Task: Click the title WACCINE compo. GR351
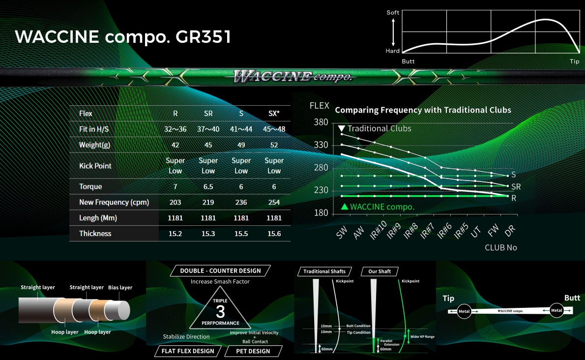point(123,37)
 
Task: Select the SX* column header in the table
point(274,114)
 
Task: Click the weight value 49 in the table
point(241,145)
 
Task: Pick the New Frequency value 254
point(274,202)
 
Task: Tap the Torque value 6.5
point(208,186)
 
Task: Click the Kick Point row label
point(95,166)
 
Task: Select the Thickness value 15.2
point(175,234)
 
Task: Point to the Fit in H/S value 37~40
point(208,129)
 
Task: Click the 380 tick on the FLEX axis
point(321,122)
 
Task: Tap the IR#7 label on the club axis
point(427,231)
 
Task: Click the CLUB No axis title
point(500,247)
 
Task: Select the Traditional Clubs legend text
point(380,128)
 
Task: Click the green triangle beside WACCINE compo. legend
point(345,206)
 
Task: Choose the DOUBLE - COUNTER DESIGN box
point(220,271)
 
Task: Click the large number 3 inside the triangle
point(220,311)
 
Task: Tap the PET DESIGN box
point(253,351)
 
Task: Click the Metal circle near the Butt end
point(556,310)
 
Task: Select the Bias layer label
point(120,287)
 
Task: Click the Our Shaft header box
point(380,271)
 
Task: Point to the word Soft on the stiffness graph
point(393,12)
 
